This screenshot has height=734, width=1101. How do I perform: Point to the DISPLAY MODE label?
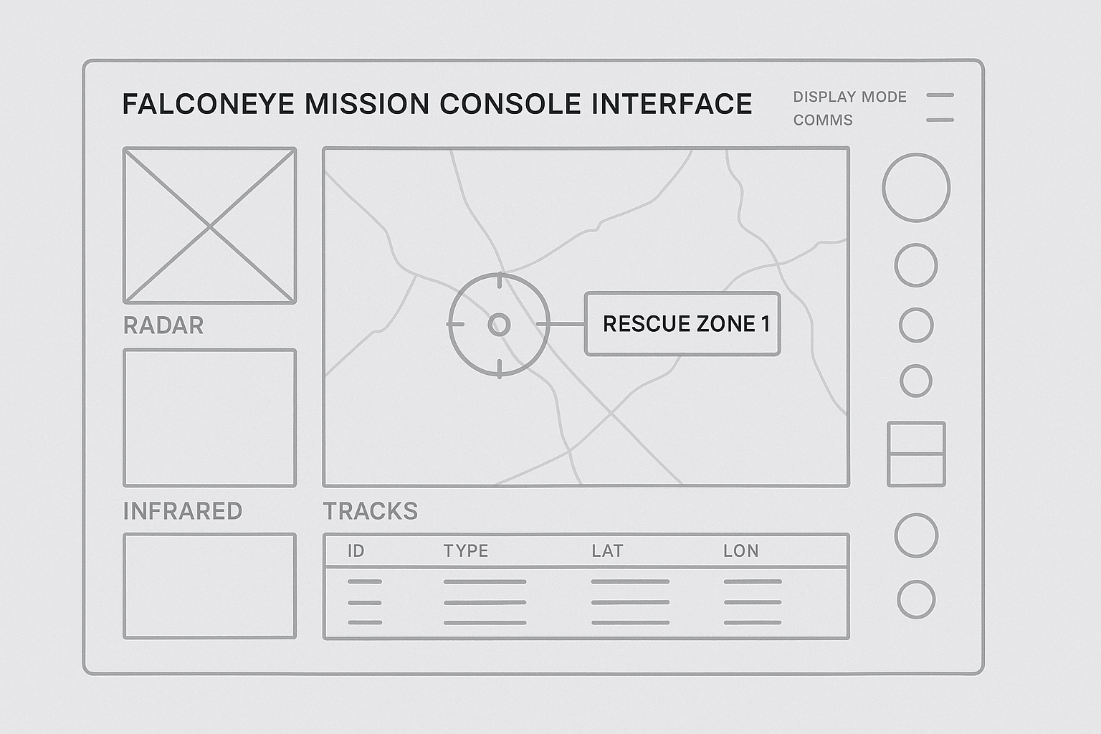coord(849,97)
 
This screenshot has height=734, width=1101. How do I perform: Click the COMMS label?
coord(823,120)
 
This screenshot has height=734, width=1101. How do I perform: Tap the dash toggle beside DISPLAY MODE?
coord(940,95)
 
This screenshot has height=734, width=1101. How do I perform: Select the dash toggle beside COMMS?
coord(940,120)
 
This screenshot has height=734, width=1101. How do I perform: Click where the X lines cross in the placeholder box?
coord(209,226)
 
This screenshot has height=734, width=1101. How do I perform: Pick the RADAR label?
coord(163,325)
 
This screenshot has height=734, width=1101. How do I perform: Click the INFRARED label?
coord(183,511)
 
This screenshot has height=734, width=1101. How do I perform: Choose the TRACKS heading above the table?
coord(370,511)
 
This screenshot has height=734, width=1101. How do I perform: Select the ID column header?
coord(356,551)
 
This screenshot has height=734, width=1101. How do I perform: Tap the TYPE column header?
coord(466,551)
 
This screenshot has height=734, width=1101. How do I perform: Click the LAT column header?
coord(607,551)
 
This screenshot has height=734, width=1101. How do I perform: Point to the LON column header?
coord(741,551)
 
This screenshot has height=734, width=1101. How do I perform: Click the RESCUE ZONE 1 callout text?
coord(686,324)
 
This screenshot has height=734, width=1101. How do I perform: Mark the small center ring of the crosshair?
coord(499,325)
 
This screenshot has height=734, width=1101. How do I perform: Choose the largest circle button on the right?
coord(916,188)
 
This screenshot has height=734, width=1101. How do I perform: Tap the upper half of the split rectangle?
coord(916,438)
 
